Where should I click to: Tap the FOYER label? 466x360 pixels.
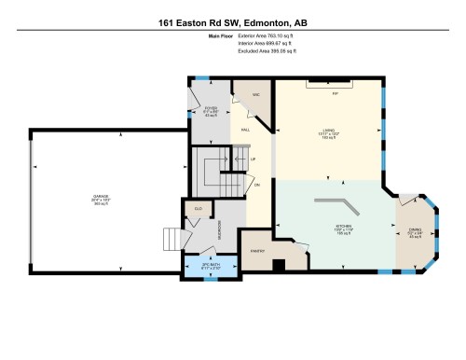coord(197,109)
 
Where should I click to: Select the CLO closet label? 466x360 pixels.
coord(198,207)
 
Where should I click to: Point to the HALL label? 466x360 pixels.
coord(245,130)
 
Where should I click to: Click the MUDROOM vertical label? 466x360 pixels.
coord(217,229)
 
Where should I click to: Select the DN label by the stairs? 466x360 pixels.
coord(257,184)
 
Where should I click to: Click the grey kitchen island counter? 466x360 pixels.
coord(333,202)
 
